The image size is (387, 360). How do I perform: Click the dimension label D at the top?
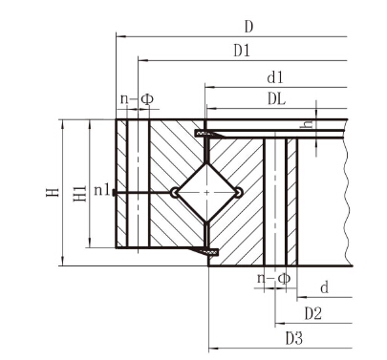click(248, 27)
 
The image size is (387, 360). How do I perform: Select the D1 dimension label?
click(242, 51)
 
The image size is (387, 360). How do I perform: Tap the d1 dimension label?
click(275, 77)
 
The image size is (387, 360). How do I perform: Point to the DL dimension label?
click(276, 99)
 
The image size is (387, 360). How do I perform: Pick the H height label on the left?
click(53, 192)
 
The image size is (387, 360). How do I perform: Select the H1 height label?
click(80, 193)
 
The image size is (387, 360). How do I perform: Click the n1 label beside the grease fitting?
click(102, 190)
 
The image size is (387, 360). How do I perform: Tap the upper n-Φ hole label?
click(137, 99)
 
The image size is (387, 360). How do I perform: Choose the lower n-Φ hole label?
click(274, 279)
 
